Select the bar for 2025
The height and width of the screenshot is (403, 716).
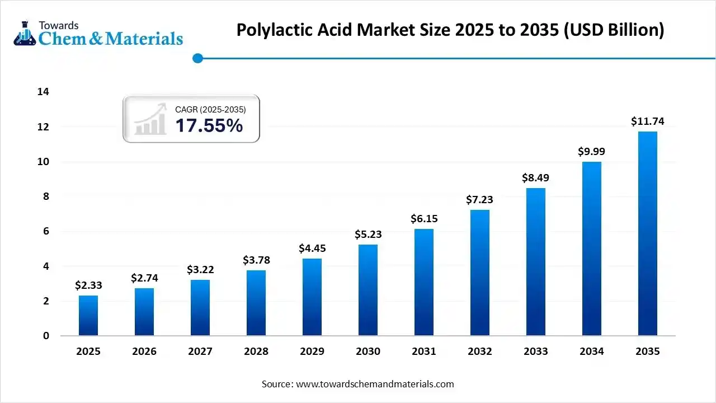tap(88, 316)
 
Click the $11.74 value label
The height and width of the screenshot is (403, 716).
tap(647, 121)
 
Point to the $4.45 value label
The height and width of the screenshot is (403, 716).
tap(312, 248)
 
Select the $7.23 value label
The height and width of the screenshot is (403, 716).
tap(480, 200)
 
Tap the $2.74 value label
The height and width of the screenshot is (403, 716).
tap(144, 278)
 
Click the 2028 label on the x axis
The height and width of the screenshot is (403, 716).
tap(256, 352)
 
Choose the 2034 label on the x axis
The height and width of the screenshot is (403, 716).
tap(592, 352)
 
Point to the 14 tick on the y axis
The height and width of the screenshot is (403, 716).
tap(43, 92)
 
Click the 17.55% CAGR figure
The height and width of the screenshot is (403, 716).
tap(209, 125)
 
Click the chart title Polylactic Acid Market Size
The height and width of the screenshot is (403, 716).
tap(450, 30)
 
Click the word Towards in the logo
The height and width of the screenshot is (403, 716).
tap(59, 25)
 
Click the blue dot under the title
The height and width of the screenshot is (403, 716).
tap(197, 58)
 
